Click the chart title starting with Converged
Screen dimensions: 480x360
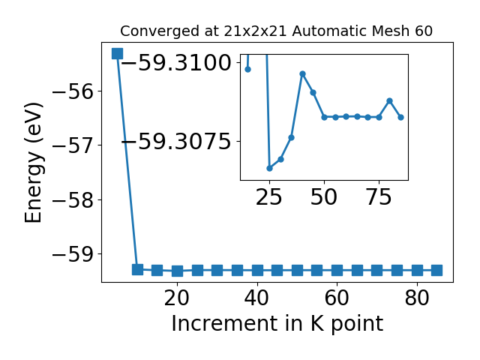276,31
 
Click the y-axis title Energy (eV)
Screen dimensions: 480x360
33,163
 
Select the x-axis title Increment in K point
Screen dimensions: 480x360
277,324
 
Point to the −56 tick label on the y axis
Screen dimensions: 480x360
73,91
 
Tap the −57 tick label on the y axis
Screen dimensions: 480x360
73,145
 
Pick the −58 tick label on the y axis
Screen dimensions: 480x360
73,200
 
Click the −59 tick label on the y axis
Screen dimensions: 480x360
73,254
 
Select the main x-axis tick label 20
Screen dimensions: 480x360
177,298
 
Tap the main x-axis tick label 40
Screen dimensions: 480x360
257,298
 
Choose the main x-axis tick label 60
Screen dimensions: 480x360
337,298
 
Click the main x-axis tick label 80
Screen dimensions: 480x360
417,298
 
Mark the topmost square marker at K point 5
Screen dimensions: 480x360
117,53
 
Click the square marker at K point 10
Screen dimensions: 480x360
137,269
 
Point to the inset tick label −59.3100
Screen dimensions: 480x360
176,63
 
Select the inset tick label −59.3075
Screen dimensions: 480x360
176,142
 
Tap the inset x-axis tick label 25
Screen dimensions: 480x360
268,197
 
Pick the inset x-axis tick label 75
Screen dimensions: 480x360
379,197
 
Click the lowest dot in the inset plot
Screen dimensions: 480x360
270,168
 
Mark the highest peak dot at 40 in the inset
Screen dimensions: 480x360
302,74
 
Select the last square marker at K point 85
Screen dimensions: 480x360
436,271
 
